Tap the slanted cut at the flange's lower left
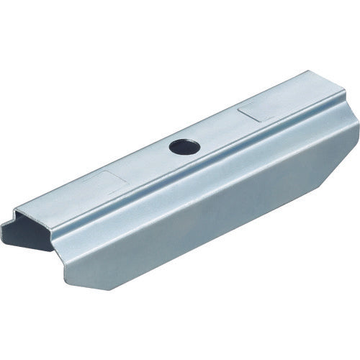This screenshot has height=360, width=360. (x=78, y=270)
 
